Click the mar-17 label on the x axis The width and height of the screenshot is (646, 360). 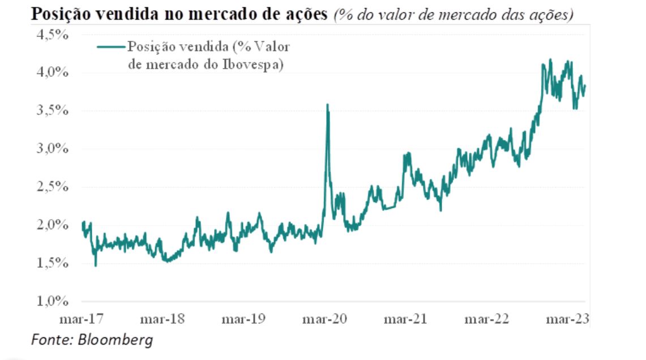81,319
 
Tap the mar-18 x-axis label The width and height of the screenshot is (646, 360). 162,319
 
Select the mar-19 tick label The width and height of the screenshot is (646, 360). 243,319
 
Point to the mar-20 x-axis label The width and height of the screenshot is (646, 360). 325,319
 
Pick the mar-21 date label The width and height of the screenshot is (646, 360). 405,319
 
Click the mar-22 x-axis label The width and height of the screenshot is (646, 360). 486,319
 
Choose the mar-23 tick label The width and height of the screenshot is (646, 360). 568,319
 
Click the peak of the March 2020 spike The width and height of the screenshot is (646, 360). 327,105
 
